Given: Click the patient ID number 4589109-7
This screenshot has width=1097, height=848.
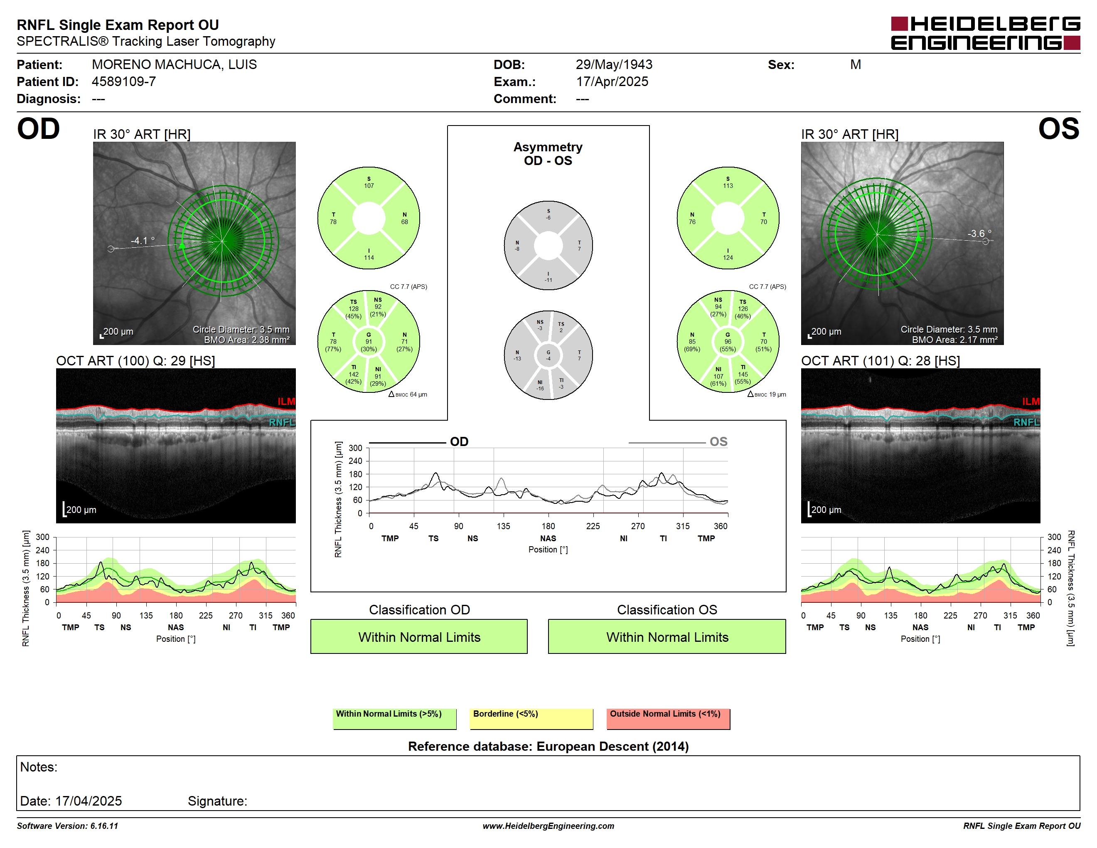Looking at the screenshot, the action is click(x=123, y=81).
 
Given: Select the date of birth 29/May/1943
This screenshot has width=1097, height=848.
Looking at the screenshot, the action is click(x=614, y=64).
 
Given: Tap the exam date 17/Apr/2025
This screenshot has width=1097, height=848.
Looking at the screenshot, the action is click(x=612, y=81).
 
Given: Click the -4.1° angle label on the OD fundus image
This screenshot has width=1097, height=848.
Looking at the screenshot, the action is click(x=143, y=241).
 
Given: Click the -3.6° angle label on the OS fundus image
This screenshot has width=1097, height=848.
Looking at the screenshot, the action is click(x=979, y=234).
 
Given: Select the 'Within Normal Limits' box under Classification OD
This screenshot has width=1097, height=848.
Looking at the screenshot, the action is click(x=419, y=636).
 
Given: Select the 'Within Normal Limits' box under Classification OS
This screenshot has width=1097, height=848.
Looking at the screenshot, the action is click(x=667, y=636).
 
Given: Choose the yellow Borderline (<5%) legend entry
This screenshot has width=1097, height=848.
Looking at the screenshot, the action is click(x=531, y=718).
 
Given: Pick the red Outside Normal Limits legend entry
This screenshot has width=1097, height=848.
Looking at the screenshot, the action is click(x=668, y=718).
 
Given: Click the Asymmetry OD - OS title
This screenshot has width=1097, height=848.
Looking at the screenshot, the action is click(x=548, y=154).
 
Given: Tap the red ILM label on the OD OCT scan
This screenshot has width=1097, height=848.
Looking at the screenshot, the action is click(x=286, y=402).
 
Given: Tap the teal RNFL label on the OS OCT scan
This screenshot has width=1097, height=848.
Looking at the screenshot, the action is click(x=1027, y=422).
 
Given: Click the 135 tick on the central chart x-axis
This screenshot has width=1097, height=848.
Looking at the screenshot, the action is click(x=503, y=526).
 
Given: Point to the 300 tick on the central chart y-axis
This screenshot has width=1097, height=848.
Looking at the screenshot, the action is click(x=355, y=448).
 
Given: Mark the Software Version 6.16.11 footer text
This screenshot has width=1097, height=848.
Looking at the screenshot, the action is click(x=67, y=826).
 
